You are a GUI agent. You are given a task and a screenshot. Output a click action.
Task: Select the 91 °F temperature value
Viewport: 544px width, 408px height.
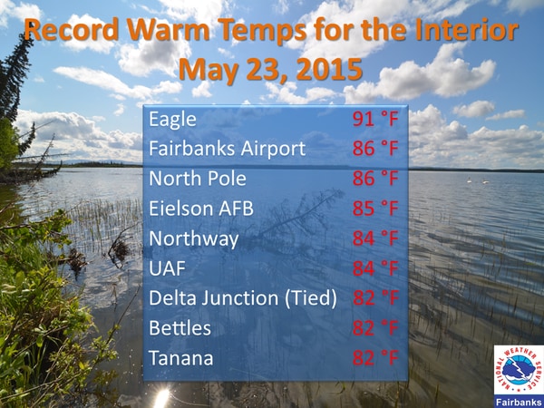pos(375,119)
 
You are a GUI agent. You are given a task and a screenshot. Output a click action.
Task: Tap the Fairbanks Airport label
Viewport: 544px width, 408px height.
pos(228,149)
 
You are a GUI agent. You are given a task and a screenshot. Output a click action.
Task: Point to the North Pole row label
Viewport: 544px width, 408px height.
pos(198,179)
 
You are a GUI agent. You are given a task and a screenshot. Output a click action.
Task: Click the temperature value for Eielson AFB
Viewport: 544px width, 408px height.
pos(375,209)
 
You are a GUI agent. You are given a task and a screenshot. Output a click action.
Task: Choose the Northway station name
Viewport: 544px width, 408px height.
pos(194,239)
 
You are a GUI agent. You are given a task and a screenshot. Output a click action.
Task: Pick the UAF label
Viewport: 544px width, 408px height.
pos(167,268)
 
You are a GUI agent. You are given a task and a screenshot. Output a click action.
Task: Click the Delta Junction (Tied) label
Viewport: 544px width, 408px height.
pos(243,298)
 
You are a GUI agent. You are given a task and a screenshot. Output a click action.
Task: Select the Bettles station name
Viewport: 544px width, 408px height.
pos(180,328)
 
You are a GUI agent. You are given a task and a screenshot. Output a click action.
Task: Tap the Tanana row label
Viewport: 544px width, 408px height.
pos(180,358)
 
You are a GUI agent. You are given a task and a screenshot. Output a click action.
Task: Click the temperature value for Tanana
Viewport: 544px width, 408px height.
pos(375,358)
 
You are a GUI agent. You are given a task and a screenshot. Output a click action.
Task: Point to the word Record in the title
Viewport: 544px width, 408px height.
pos(72,29)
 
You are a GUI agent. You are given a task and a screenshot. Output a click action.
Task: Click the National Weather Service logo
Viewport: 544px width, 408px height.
pos(519,369)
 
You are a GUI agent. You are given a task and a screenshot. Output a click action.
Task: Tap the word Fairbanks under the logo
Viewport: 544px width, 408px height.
pos(519,402)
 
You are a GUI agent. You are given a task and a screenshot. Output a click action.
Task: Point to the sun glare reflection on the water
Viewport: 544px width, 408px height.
pos(161,398)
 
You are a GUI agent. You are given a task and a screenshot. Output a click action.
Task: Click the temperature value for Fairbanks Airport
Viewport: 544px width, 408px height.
pos(375,149)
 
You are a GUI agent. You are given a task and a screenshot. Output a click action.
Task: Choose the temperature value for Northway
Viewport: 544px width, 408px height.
pos(375,238)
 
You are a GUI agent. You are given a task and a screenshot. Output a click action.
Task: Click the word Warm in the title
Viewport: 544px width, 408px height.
pos(168,29)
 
